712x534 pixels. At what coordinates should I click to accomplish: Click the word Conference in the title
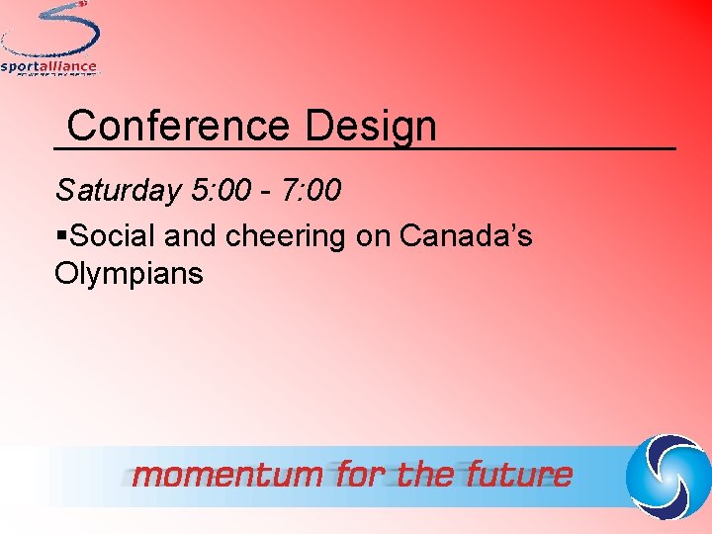179,127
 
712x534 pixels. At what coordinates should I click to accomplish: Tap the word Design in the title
371,127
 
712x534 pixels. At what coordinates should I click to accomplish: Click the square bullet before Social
62,236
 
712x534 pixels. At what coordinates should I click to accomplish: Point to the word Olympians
130,273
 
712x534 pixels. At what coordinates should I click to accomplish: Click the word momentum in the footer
227,476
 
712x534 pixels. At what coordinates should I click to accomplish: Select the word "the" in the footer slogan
425,476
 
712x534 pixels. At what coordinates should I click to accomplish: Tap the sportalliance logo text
49,67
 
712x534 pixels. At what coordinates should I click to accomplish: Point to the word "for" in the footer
363,476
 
